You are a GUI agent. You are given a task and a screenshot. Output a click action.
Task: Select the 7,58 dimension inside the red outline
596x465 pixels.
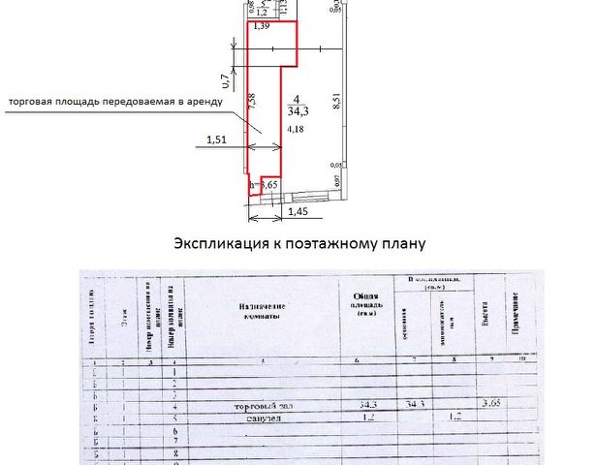252,102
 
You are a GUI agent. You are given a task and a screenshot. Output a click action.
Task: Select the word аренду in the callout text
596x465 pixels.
203,101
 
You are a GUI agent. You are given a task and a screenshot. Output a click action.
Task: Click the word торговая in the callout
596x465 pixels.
34,101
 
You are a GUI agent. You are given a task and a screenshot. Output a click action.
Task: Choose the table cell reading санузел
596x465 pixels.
259,419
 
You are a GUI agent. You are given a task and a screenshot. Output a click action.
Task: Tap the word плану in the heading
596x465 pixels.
399,243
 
